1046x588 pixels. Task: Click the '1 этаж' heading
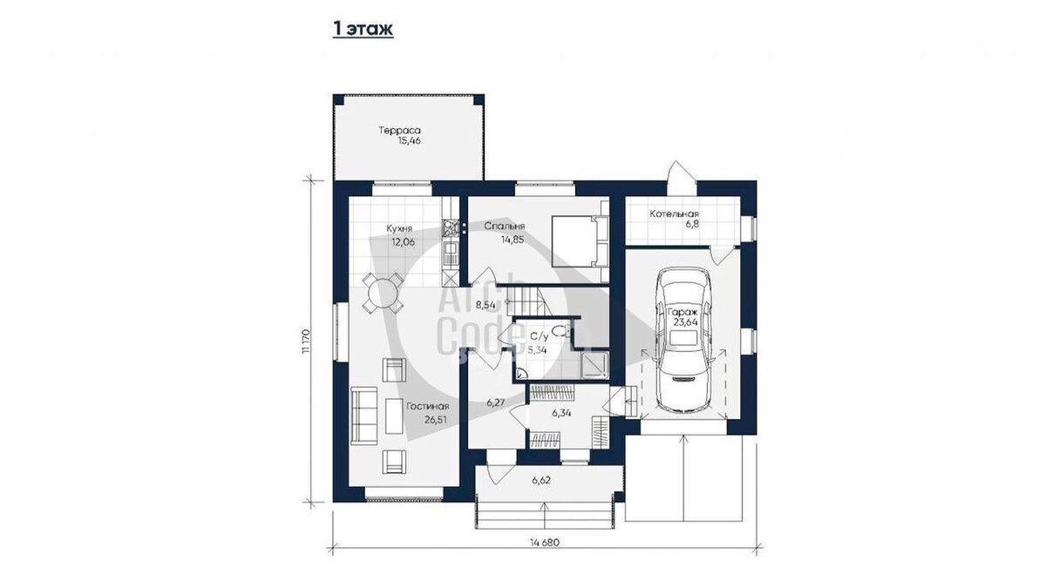point(363,29)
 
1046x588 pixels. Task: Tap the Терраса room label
point(399,130)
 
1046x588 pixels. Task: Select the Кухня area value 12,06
point(403,242)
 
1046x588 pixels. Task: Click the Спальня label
point(505,226)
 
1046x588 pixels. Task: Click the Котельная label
point(675,213)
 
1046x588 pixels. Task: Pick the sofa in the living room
point(363,416)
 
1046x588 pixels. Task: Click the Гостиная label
point(428,407)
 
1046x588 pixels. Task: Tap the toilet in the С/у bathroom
point(560,331)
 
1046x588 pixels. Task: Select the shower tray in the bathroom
point(594,365)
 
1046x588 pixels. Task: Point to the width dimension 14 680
point(545,543)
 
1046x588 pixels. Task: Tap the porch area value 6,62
point(541,480)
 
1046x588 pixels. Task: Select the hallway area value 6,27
point(495,402)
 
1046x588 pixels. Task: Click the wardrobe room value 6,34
point(561,413)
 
